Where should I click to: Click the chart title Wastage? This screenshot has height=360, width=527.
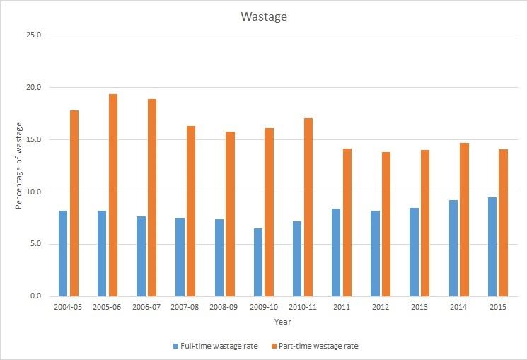(263, 16)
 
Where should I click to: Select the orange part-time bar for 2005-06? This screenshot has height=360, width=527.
(113, 194)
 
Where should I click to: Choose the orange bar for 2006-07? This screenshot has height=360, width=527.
(152, 197)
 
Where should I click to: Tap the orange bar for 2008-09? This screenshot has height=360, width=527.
(230, 214)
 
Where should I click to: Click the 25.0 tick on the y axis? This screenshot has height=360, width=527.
(34, 35)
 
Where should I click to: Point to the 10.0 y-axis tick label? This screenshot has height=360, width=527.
(34, 192)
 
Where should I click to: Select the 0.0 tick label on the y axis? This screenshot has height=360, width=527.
(36, 296)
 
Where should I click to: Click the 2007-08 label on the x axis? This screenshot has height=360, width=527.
(185, 306)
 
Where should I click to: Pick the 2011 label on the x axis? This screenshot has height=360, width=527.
(342, 306)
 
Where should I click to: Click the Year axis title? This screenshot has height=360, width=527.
(283, 322)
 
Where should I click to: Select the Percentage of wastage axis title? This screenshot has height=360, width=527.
(19, 166)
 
